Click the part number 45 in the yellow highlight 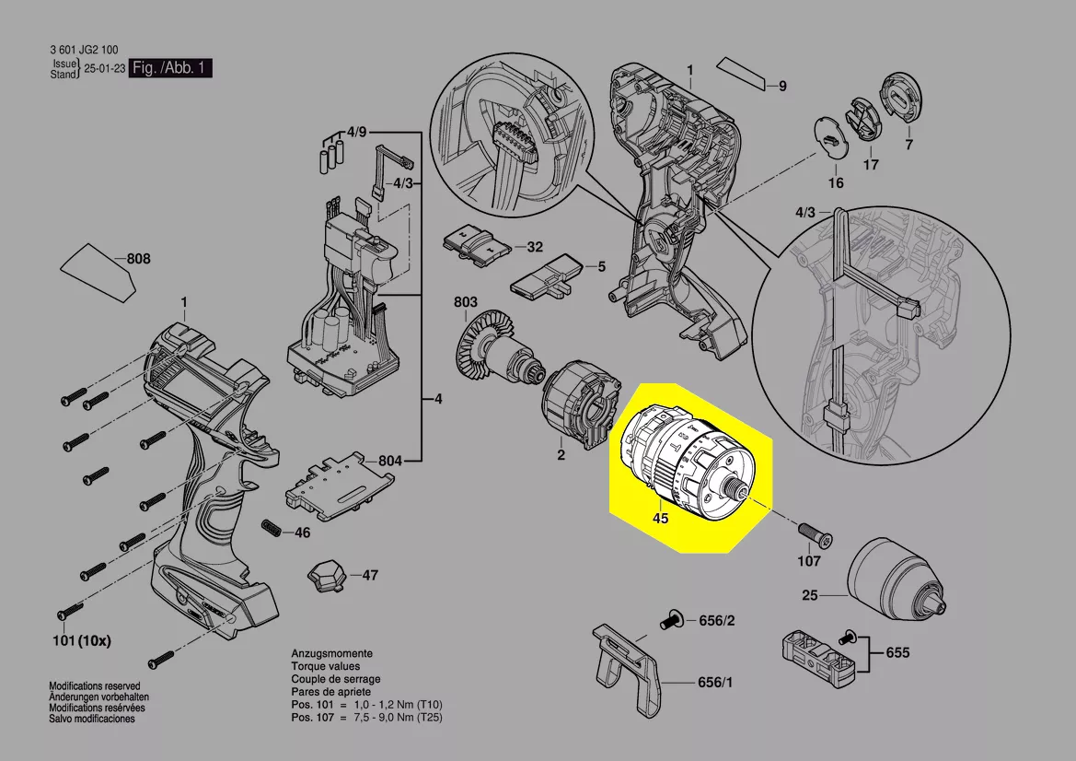pyautogui.click(x=660, y=519)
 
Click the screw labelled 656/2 pyautogui.click(x=672, y=621)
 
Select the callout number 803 pyautogui.click(x=465, y=302)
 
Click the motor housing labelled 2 pyautogui.click(x=579, y=409)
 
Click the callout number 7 pyautogui.click(x=909, y=145)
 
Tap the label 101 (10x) pyautogui.click(x=81, y=641)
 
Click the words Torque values pyautogui.click(x=325, y=666)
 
